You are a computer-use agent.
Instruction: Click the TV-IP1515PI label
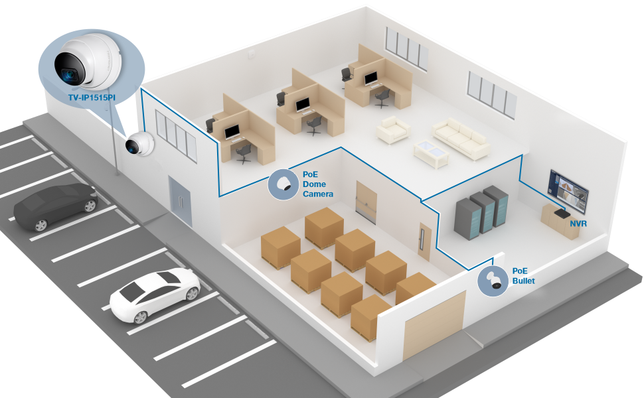click(92, 97)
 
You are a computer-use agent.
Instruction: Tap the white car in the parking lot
click(155, 293)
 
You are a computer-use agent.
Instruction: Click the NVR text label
click(578, 224)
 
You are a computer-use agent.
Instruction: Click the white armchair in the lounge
click(394, 130)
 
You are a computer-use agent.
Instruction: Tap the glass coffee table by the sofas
click(432, 153)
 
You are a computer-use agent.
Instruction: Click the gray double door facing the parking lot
click(180, 198)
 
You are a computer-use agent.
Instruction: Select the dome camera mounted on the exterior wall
click(140, 144)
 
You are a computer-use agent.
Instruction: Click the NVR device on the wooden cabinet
click(560, 214)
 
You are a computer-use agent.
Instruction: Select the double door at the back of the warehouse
click(365, 200)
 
